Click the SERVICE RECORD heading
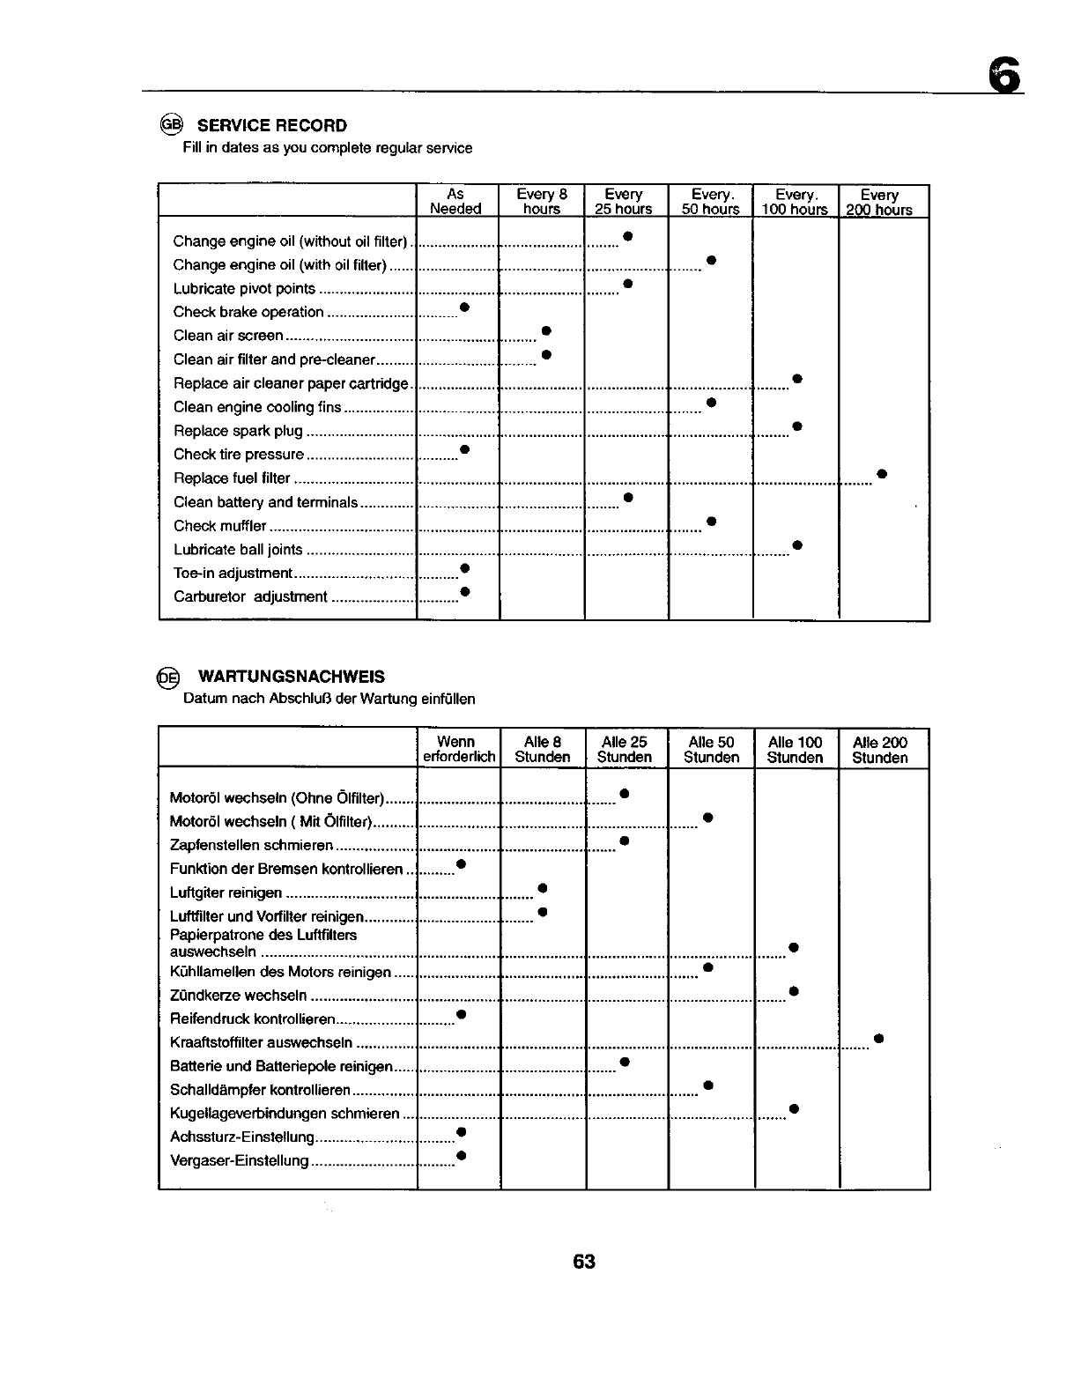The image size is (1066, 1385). pyautogui.click(x=272, y=125)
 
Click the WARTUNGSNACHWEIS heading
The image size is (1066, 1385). pyautogui.click(x=291, y=677)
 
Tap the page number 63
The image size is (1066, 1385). pyautogui.click(x=584, y=1262)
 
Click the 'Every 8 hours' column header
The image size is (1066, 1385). pyautogui.click(x=542, y=201)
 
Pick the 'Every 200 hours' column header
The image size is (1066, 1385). pyautogui.click(x=879, y=202)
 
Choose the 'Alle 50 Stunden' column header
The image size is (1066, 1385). pyautogui.click(x=711, y=750)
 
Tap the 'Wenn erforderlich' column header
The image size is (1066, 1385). pyautogui.click(x=456, y=750)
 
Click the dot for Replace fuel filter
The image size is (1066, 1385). pyautogui.click(x=881, y=475)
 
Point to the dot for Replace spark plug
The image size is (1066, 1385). pyautogui.click(x=796, y=426)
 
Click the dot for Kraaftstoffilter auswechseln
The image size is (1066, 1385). pyautogui.click(x=878, y=1039)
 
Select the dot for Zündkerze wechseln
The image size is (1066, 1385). pyautogui.click(x=794, y=991)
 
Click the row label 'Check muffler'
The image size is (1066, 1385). pyautogui.click(x=220, y=526)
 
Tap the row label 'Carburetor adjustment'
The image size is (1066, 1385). pyautogui.click(x=250, y=596)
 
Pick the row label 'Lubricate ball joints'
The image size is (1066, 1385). pyautogui.click(x=238, y=550)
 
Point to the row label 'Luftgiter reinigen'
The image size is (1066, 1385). pyautogui.click(x=226, y=892)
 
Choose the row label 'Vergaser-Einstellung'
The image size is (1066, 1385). pyautogui.click(x=239, y=1160)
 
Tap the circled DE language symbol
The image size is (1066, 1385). pyautogui.click(x=167, y=677)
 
